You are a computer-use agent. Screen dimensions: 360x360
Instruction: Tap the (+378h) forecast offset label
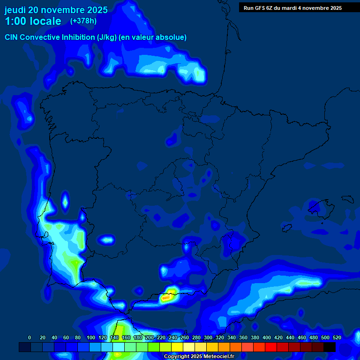[x=83, y=21]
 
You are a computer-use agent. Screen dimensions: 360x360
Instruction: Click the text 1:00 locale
[x=33, y=21]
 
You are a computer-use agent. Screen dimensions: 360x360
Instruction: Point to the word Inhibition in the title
[x=78, y=37]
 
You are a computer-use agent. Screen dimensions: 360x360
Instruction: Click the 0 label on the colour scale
[x=30, y=337]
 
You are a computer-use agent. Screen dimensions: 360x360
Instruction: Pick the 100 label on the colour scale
[x=91, y=337]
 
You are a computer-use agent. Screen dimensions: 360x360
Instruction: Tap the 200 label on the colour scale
[x=150, y=337]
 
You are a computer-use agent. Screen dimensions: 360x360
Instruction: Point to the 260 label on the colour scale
[x=185, y=337]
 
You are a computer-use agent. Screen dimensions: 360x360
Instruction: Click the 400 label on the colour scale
[x=267, y=337]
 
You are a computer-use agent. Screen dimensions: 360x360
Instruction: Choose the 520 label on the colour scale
[x=337, y=337]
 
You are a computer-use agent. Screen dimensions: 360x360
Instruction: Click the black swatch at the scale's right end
[x=330, y=347]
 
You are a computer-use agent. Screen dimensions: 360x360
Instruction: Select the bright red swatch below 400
[x=271, y=347]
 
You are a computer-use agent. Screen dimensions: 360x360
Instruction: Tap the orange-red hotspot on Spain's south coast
[x=166, y=297]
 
